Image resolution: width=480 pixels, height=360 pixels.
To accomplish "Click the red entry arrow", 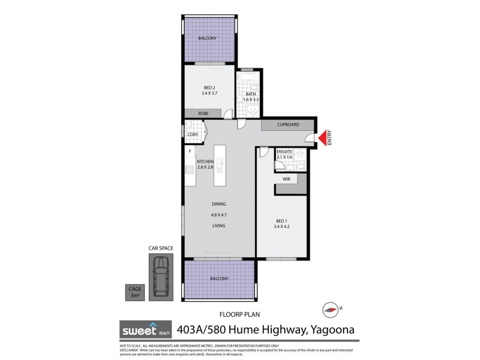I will tap(325, 139).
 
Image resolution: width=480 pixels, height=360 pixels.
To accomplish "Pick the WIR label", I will tap(286, 178).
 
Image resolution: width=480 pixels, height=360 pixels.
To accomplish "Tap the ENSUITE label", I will tap(284, 152).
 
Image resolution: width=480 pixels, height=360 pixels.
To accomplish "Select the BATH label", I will tap(251, 94).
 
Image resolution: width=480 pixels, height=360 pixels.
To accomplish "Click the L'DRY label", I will tap(193, 134).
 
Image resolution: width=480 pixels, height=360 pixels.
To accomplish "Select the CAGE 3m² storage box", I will tap(135, 292).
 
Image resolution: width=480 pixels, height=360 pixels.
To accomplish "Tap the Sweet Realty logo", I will tap(142, 330).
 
